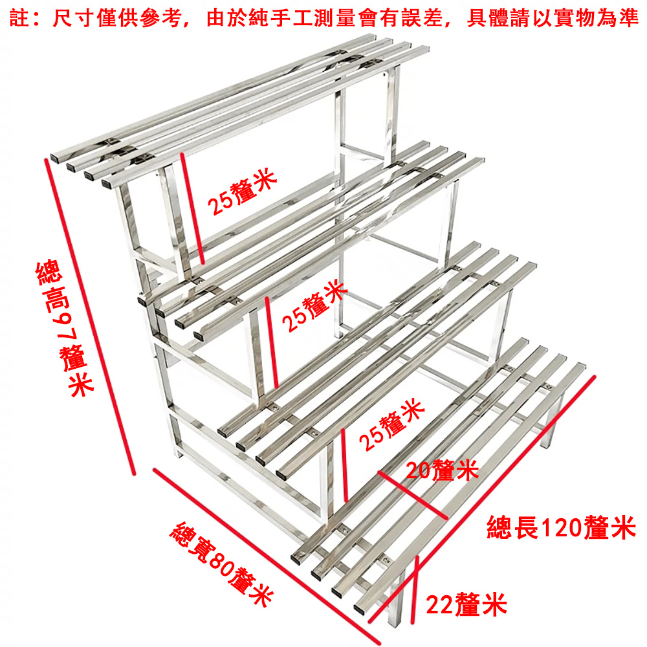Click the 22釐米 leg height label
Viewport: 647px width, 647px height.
[466, 605]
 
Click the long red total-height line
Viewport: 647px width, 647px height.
[90, 317]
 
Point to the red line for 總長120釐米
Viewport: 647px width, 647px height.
[482, 498]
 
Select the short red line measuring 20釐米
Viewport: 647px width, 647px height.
[412, 495]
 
